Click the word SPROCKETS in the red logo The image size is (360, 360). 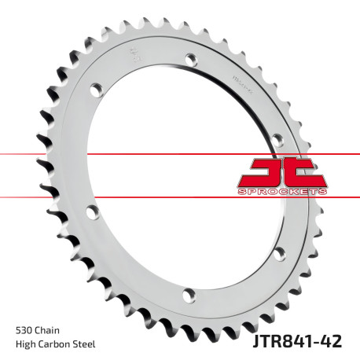click(282, 192)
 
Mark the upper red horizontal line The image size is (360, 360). click(118, 153)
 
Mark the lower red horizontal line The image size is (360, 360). click(118, 197)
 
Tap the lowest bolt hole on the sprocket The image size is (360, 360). click(187, 295)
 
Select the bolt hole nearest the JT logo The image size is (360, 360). click(277, 140)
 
